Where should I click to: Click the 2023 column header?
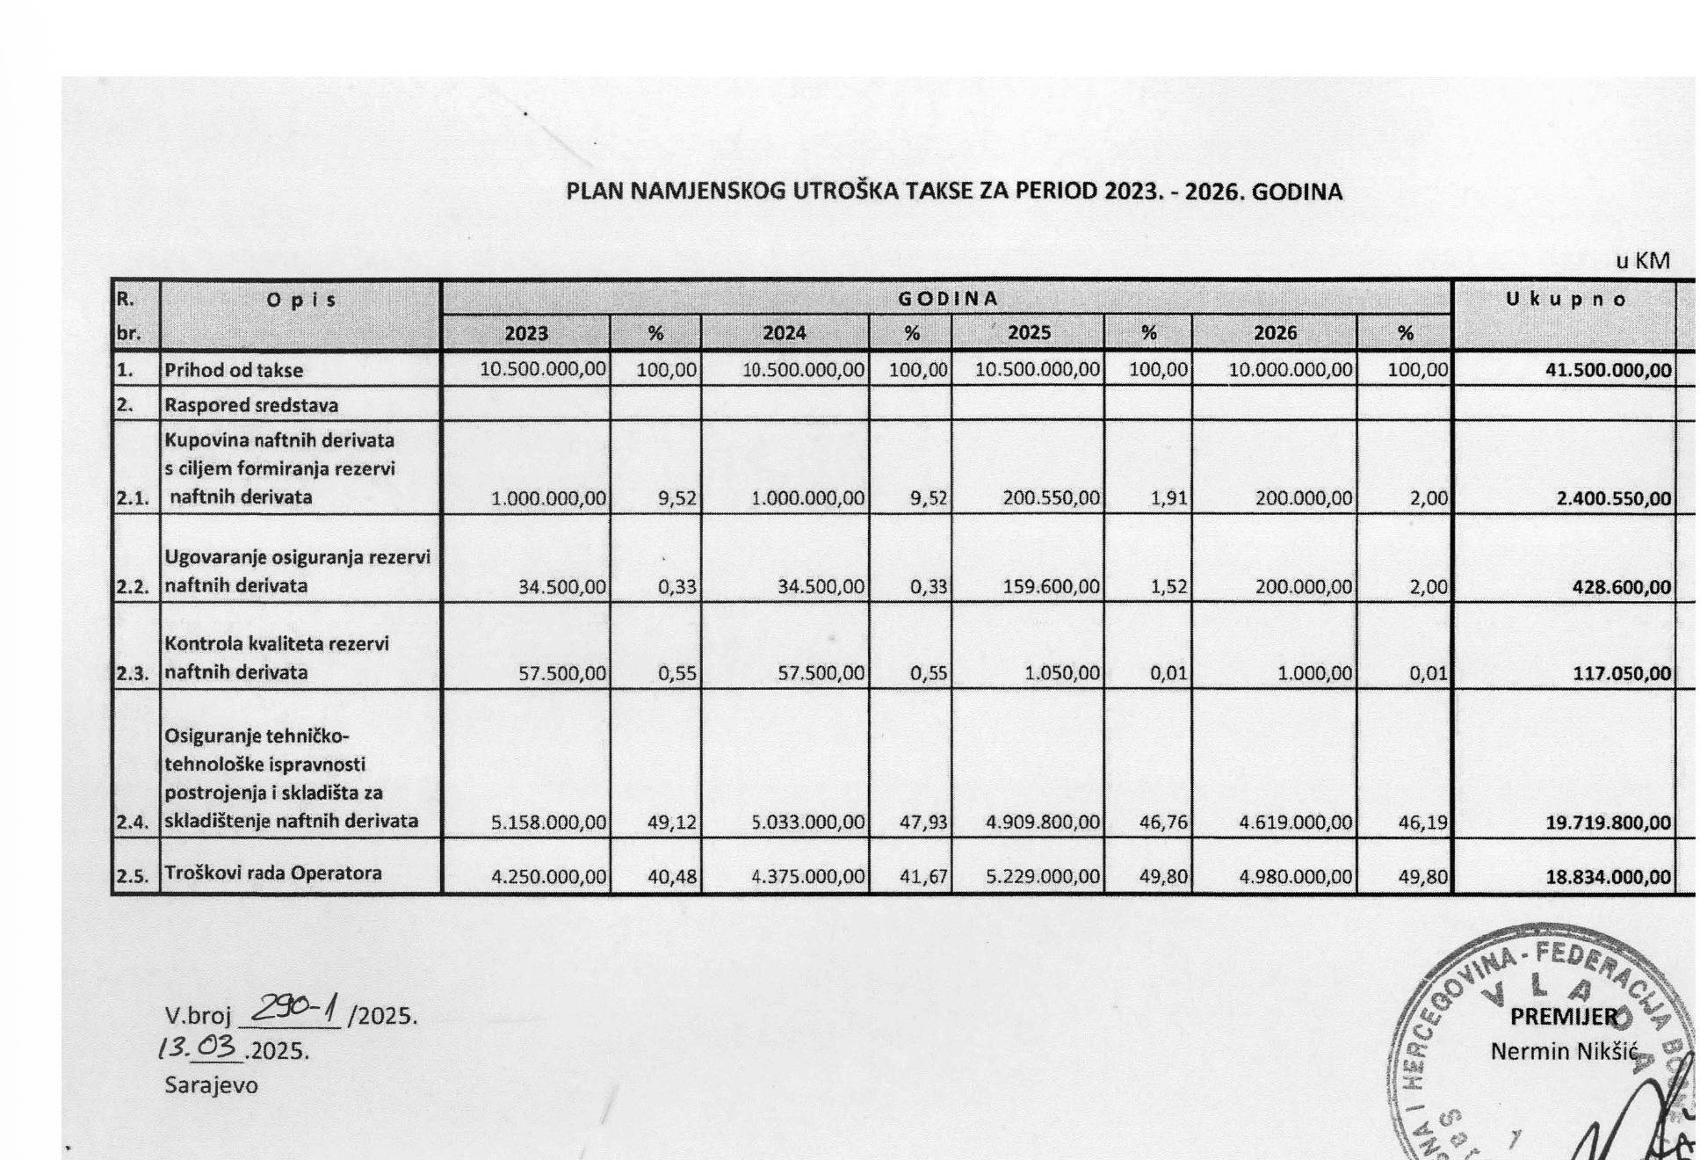pos(526,334)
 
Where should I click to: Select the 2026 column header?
pos(1275,333)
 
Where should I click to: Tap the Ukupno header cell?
pos(1566,299)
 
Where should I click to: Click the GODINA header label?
pos(947,298)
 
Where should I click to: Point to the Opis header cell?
pos(300,300)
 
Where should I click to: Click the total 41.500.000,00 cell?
pos(1608,371)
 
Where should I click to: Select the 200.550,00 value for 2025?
pos(1051,498)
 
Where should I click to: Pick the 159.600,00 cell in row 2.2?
pos(1051,586)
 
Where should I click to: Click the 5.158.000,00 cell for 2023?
pos(548,823)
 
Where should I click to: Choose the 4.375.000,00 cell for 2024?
pos(808,876)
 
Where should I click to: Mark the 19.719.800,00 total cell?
pos(1608,823)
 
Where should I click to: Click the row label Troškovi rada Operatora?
pos(272,874)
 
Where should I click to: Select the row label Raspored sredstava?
pos(251,405)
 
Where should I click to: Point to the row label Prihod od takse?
pos(234,371)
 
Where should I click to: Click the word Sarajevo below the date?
pos(211,1085)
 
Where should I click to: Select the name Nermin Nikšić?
pos(1560,1050)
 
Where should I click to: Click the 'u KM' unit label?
pos(1642,261)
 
